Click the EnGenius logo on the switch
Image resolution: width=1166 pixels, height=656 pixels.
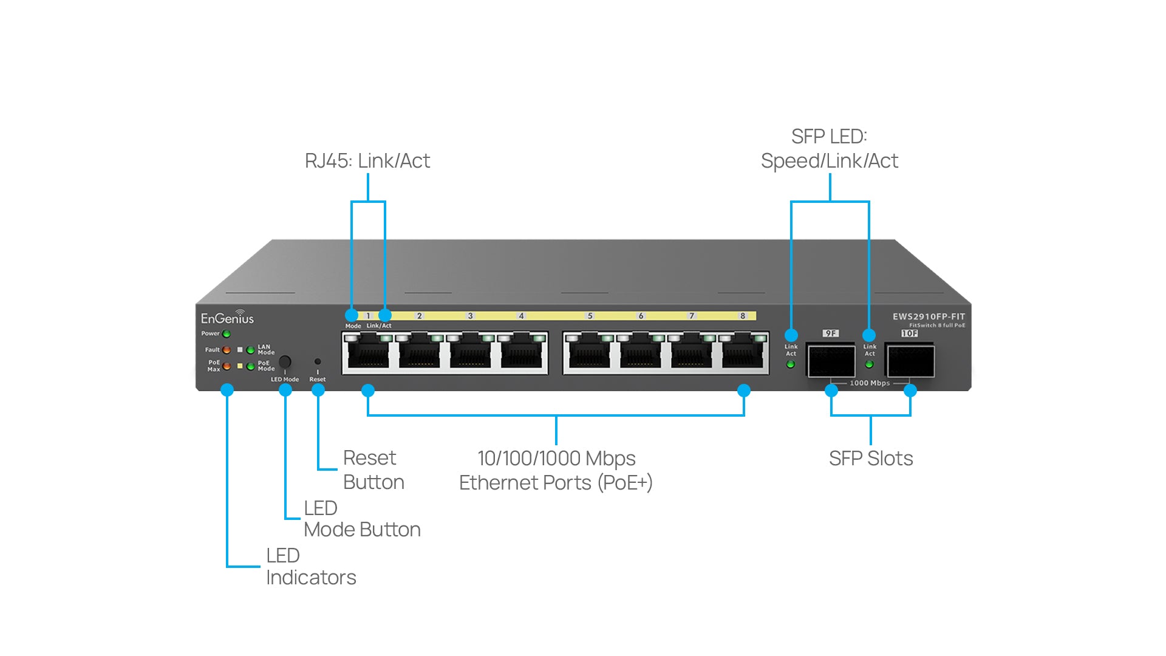point(227,318)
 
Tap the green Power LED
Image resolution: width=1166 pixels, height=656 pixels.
point(227,333)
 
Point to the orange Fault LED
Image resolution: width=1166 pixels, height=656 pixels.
point(227,350)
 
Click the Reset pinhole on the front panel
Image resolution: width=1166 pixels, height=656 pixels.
point(318,362)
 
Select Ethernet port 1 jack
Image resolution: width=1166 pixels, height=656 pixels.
point(369,352)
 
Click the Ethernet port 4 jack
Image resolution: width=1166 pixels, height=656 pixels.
point(522,352)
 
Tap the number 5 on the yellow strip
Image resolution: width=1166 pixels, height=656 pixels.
point(590,316)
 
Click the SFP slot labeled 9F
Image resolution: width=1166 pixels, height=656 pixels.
point(831,361)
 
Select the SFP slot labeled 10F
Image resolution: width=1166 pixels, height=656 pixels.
point(910,361)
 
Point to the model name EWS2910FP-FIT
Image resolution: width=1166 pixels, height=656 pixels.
point(928,316)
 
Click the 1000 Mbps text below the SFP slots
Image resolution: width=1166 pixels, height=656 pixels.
point(870,383)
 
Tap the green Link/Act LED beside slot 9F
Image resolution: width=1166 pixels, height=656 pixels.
point(791,364)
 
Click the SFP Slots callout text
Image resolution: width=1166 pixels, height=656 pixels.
point(871,459)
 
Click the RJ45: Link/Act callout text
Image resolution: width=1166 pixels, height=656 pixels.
point(367,161)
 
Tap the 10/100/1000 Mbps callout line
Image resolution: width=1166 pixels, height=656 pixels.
point(556,459)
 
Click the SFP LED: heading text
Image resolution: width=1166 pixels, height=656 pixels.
point(829,137)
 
